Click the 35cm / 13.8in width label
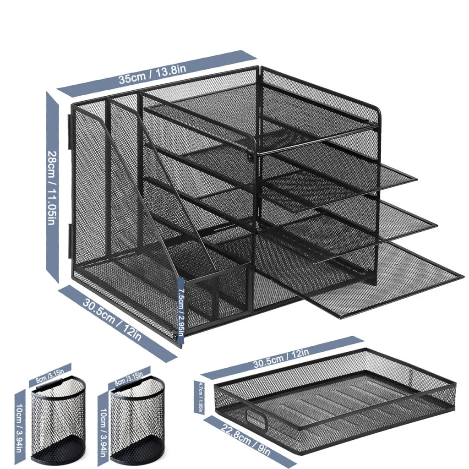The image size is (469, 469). pyautogui.click(x=153, y=74)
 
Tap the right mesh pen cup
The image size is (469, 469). pyautogui.click(x=137, y=421)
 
